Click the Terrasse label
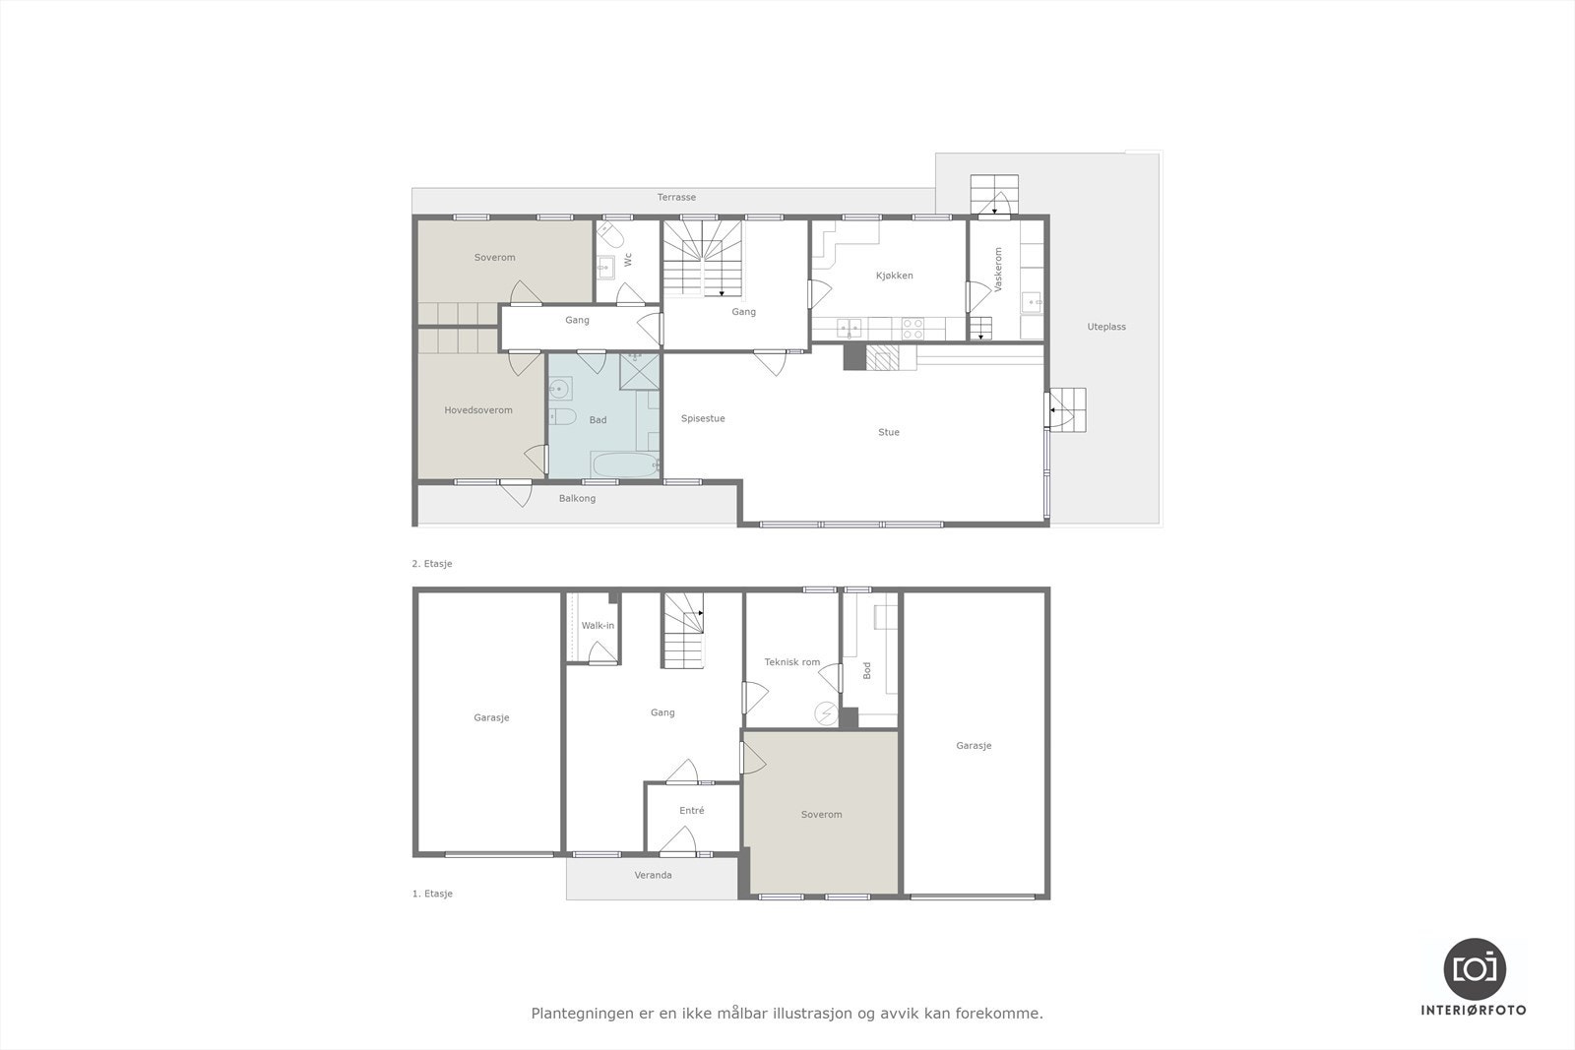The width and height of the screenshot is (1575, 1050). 676,198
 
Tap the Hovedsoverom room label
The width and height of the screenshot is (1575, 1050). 478,410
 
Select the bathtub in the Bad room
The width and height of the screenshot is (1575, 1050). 625,464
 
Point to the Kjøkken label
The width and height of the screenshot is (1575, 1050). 894,276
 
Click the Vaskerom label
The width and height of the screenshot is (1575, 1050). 998,269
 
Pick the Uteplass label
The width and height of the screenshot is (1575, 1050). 1106,327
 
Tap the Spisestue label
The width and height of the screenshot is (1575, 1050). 703,419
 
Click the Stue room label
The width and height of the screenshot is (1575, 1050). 889,432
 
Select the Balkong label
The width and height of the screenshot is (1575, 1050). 577,499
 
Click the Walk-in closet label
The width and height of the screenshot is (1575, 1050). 598,626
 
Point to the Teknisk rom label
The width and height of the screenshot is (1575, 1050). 792,662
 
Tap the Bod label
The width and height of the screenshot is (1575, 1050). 867,670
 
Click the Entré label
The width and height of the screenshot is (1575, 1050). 692,811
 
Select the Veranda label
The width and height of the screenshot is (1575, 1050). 653,875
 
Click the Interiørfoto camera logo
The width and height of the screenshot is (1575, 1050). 1474,967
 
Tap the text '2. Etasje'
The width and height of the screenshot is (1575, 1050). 432,564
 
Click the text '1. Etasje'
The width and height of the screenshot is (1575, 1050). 432,894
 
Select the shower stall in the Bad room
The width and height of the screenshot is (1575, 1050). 639,371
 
